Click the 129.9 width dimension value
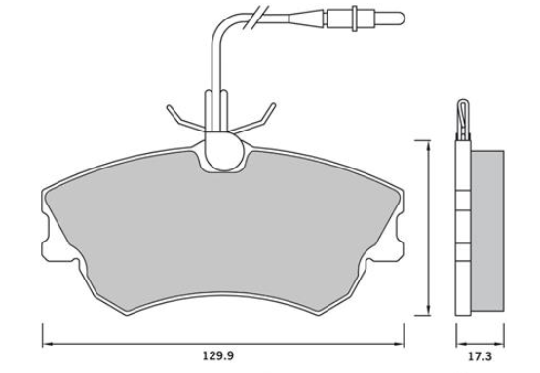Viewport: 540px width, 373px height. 217,355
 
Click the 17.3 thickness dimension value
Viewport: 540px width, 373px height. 480,356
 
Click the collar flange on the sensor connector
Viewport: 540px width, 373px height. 355,19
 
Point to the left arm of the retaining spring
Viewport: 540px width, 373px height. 185,119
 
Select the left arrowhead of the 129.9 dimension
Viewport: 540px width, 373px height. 47,344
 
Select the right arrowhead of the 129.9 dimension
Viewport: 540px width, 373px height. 399,344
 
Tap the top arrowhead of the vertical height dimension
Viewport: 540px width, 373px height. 428,146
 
